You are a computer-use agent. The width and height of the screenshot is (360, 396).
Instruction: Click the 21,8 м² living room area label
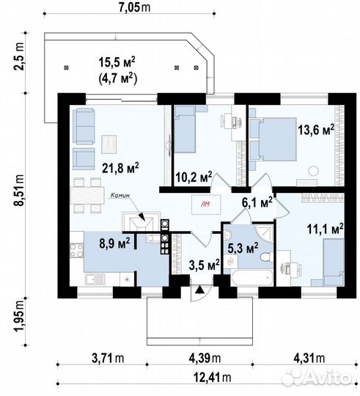click(120, 168)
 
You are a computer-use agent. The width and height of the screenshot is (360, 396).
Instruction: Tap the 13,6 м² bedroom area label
click(316, 130)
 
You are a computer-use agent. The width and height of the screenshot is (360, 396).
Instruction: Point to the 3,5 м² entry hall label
click(204, 265)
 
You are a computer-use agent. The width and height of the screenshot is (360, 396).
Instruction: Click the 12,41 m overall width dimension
click(212, 378)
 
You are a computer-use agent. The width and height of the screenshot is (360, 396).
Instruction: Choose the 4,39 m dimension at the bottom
click(205, 358)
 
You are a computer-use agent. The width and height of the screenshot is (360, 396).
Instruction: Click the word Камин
click(120, 195)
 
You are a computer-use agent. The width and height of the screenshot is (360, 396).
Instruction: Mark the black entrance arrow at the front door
click(200, 290)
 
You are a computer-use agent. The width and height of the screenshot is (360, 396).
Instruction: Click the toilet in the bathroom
click(266, 257)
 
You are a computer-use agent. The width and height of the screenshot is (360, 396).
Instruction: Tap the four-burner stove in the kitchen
click(76, 250)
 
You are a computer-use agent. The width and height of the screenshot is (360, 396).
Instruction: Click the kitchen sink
click(95, 279)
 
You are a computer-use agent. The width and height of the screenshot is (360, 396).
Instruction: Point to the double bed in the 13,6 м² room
click(273, 139)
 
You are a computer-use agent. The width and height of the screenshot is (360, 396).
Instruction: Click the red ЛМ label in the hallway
click(205, 205)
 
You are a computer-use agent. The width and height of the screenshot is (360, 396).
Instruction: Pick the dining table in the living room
click(87, 195)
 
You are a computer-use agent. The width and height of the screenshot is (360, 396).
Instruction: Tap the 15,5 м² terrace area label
click(117, 62)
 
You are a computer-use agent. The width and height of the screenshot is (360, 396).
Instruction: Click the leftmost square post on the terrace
click(67, 67)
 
